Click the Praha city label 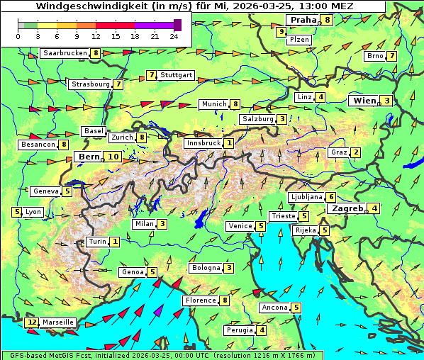[x=301, y=20]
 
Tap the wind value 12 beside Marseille [x=31, y=322]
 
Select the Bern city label [x=89, y=157]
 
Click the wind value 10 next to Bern [x=112, y=157]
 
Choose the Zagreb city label [x=347, y=209]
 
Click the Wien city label [x=364, y=101]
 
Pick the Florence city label [x=200, y=300]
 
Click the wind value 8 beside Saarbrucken [x=96, y=53]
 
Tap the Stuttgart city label [x=177, y=75]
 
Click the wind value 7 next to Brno [x=391, y=56]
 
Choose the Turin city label [x=98, y=242]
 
